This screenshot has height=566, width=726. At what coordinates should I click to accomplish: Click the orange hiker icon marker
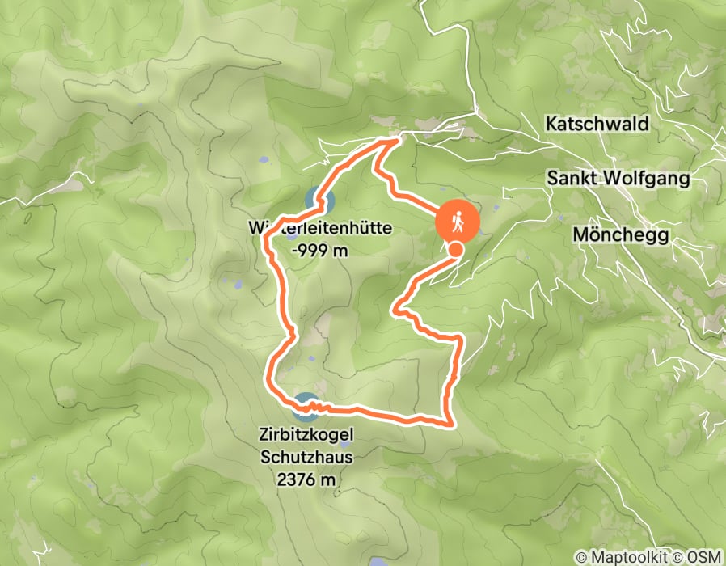click(x=458, y=220)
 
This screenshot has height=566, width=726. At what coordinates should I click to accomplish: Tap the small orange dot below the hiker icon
click(x=456, y=250)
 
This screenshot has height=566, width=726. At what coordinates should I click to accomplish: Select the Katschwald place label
click(x=597, y=125)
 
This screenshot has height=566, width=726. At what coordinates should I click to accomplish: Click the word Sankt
click(x=572, y=178)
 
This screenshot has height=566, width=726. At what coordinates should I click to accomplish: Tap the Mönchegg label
click(x=620, y=234)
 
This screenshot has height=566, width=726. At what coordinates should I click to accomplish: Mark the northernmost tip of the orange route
click(x=398, y=140)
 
